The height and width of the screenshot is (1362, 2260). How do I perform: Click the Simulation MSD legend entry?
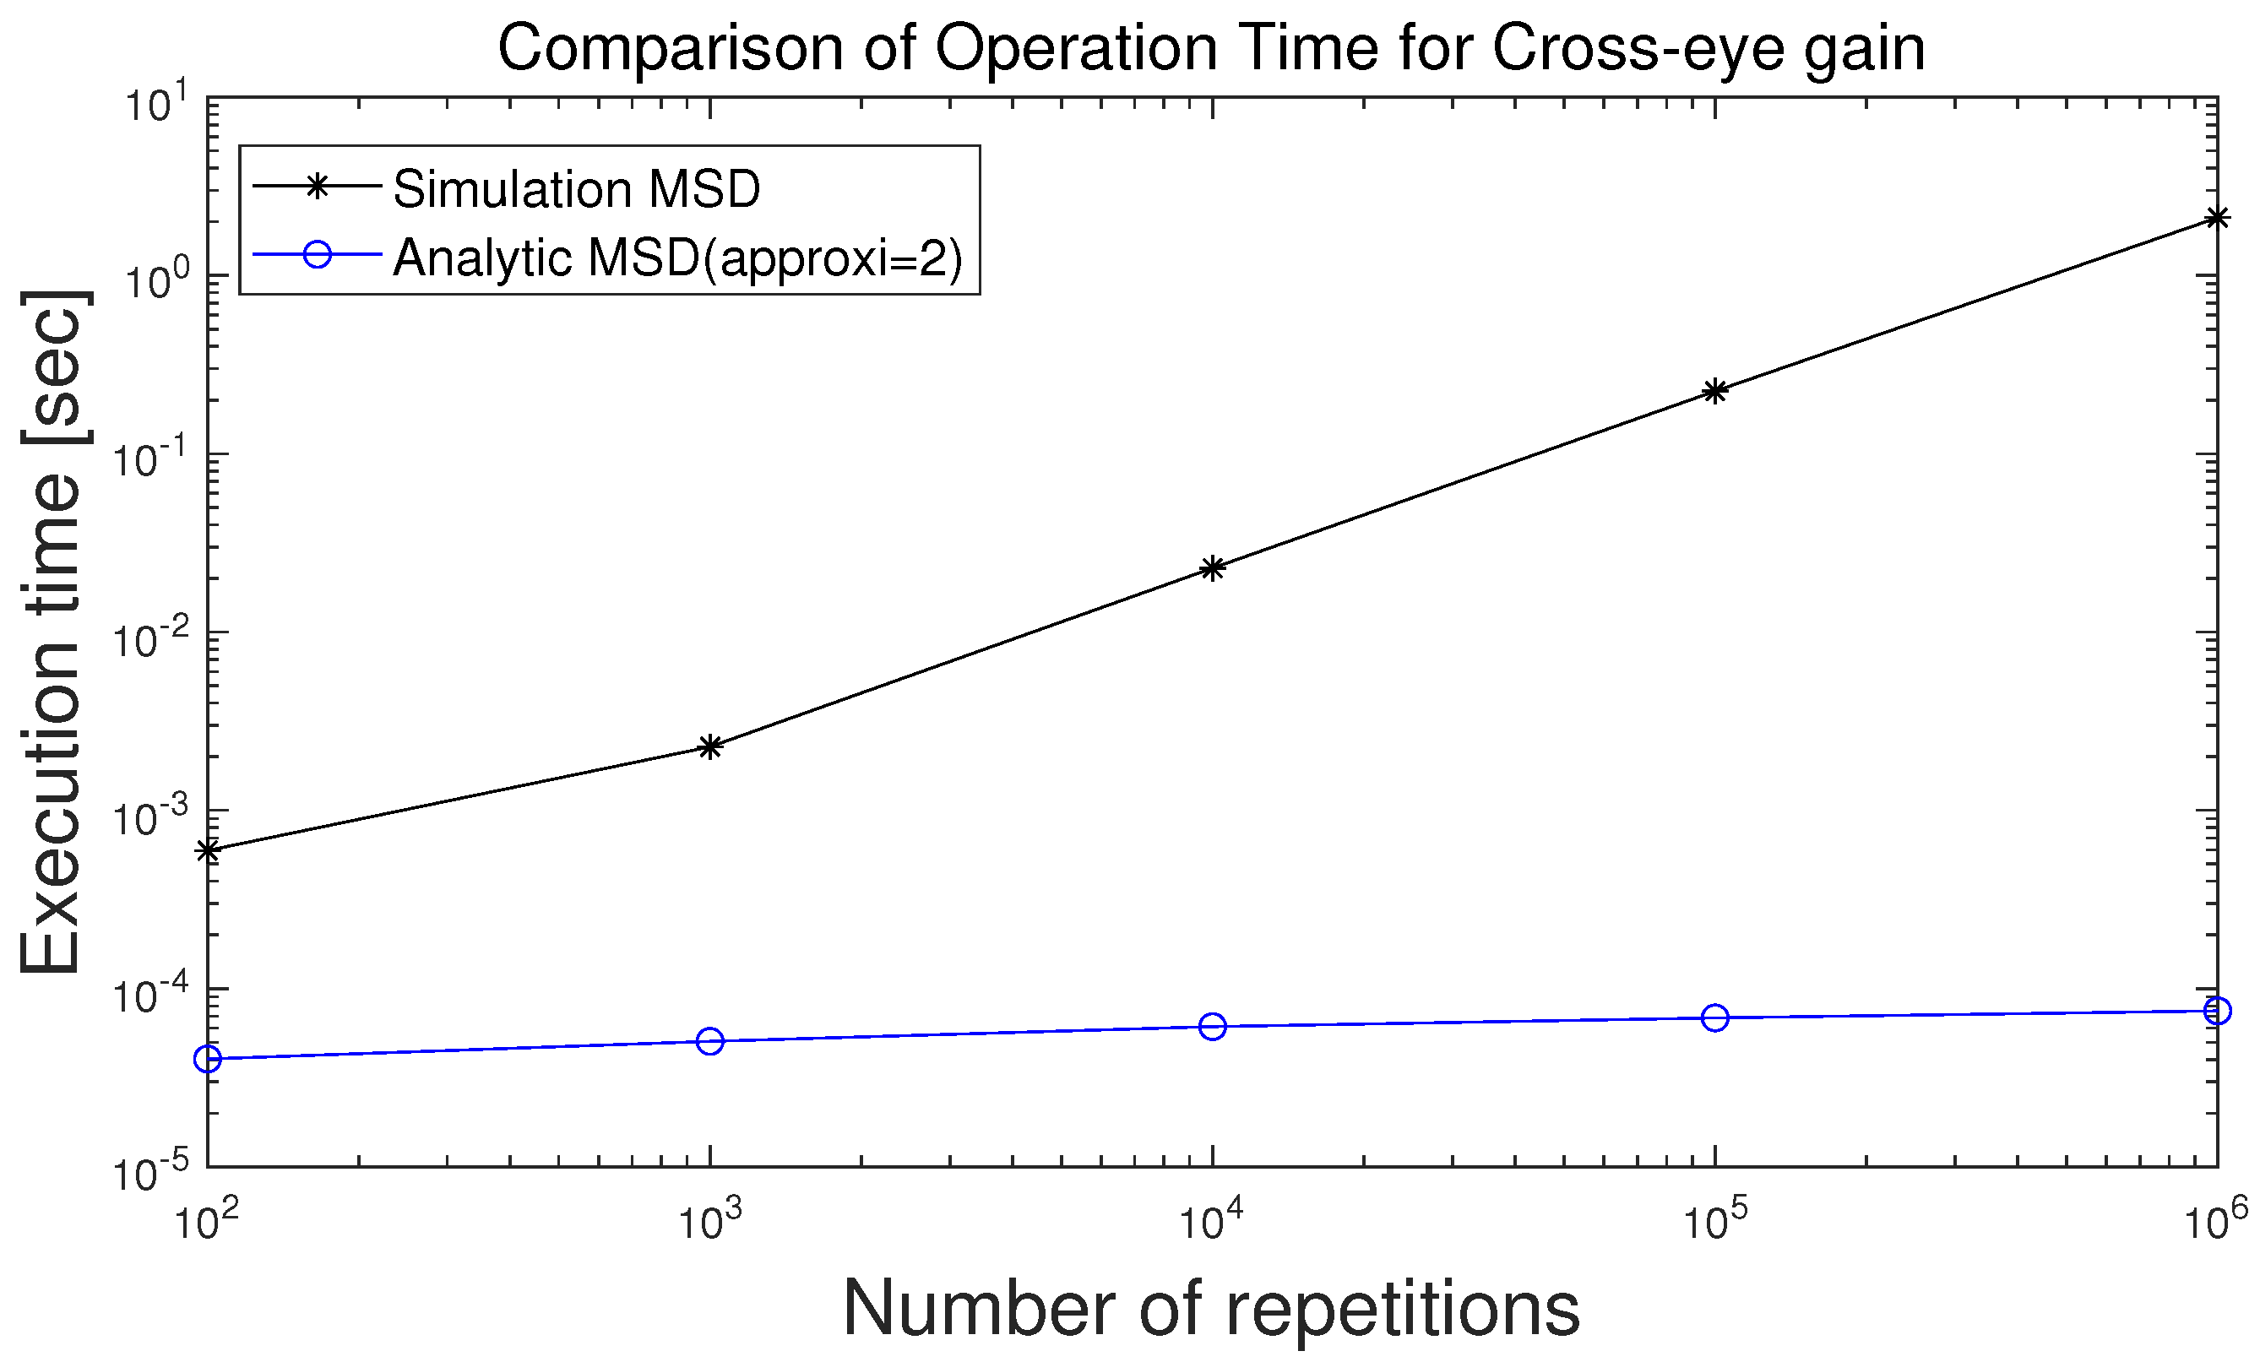click(x=576, y=189)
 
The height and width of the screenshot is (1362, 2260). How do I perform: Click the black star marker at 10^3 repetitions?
click(x=710, y=746)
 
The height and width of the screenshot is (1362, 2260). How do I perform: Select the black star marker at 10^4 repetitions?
click(x=1213, y=568)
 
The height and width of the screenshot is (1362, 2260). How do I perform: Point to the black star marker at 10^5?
click(x=1715, y=391)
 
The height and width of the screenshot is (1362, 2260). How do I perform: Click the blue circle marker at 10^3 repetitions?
click(x=710, y=1041)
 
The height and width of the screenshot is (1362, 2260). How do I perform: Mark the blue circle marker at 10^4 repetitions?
click(x=1213, y=1026)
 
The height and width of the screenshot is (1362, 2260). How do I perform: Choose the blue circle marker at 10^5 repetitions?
click(x=1715, y=1017)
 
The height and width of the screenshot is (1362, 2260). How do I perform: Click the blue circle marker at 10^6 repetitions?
click(x=2217, y=1011)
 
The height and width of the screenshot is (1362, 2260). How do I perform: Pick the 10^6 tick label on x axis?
click(x=2214, y=1222)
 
